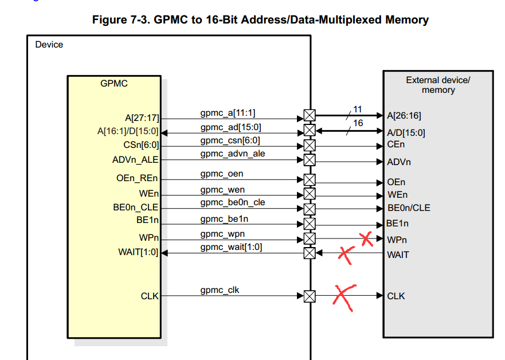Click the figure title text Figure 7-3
[260, 19]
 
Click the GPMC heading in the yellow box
[114, 84]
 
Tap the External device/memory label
[438, 85]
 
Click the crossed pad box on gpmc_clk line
[310, 296]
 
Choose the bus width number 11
[357, 109]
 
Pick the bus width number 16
[358, 123]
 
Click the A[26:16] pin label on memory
[404, 116]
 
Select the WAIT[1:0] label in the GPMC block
[138, 252]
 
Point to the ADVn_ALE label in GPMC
[135, 160]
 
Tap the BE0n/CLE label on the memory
[409, 208]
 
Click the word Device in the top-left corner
[49, 45]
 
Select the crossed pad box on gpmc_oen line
[310, 180]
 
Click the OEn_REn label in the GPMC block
[137, 179]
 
